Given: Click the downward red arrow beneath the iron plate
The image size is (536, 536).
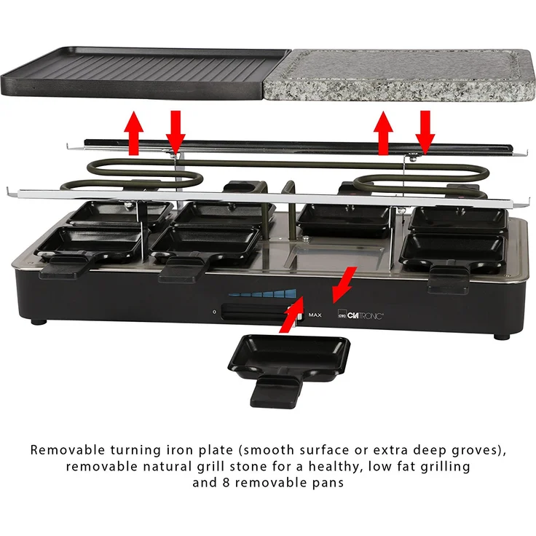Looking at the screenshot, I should pyautogui.click(x=175, y=131).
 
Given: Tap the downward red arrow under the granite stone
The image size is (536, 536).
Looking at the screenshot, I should pyautogui.click(x=425, y=131).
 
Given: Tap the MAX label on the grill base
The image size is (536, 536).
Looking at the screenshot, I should pyautogui.click(x=315, y=315).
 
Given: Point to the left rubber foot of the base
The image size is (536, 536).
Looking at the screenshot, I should pyautogui.click(x=39, y=320).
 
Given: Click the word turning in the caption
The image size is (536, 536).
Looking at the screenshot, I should pyautogui.click(x=148, y=450).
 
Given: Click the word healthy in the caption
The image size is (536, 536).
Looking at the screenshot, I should pyautogui.click(x=342, y=466).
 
